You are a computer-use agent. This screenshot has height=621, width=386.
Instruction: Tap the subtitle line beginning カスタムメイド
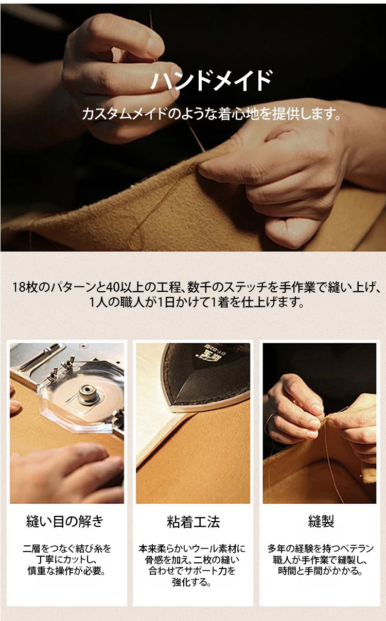(212, 114)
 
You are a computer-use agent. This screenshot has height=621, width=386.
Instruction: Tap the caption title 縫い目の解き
(65, 521)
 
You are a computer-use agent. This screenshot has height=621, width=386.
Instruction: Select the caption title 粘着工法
(194, 522)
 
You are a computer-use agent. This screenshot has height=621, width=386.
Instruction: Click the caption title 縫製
(321, 521)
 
